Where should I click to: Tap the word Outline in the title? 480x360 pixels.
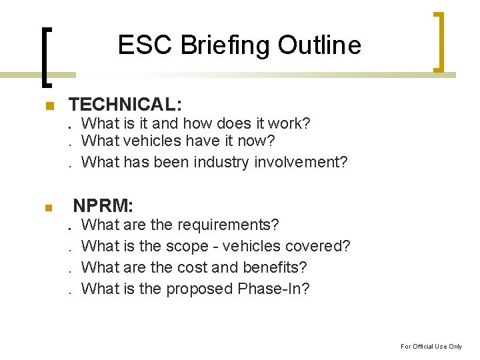point(319,45)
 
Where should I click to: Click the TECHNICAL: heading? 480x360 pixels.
point(125,105)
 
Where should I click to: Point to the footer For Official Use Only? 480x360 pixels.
point(431,346)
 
